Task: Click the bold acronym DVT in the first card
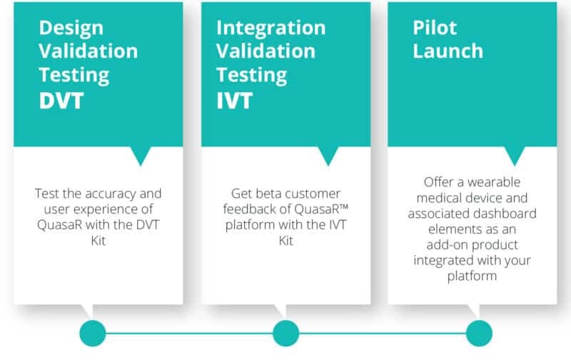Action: (61, 101)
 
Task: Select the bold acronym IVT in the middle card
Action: (234, 101)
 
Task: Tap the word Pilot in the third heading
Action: (435, 28)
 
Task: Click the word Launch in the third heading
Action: (448, 51)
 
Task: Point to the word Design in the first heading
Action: (71, 29)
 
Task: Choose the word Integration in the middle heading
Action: (271, 29)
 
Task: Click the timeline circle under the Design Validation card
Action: (93, 333)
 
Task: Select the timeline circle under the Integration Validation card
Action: (286, 333)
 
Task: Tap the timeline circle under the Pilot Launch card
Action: (479, 333)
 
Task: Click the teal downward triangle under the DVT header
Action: (141, 154)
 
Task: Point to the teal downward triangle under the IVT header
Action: (328, 154)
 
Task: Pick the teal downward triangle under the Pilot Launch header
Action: (515, 154)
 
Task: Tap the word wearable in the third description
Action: (494, 182)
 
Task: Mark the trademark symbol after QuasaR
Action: (344, 206)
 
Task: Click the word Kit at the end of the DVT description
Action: (98, 241)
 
